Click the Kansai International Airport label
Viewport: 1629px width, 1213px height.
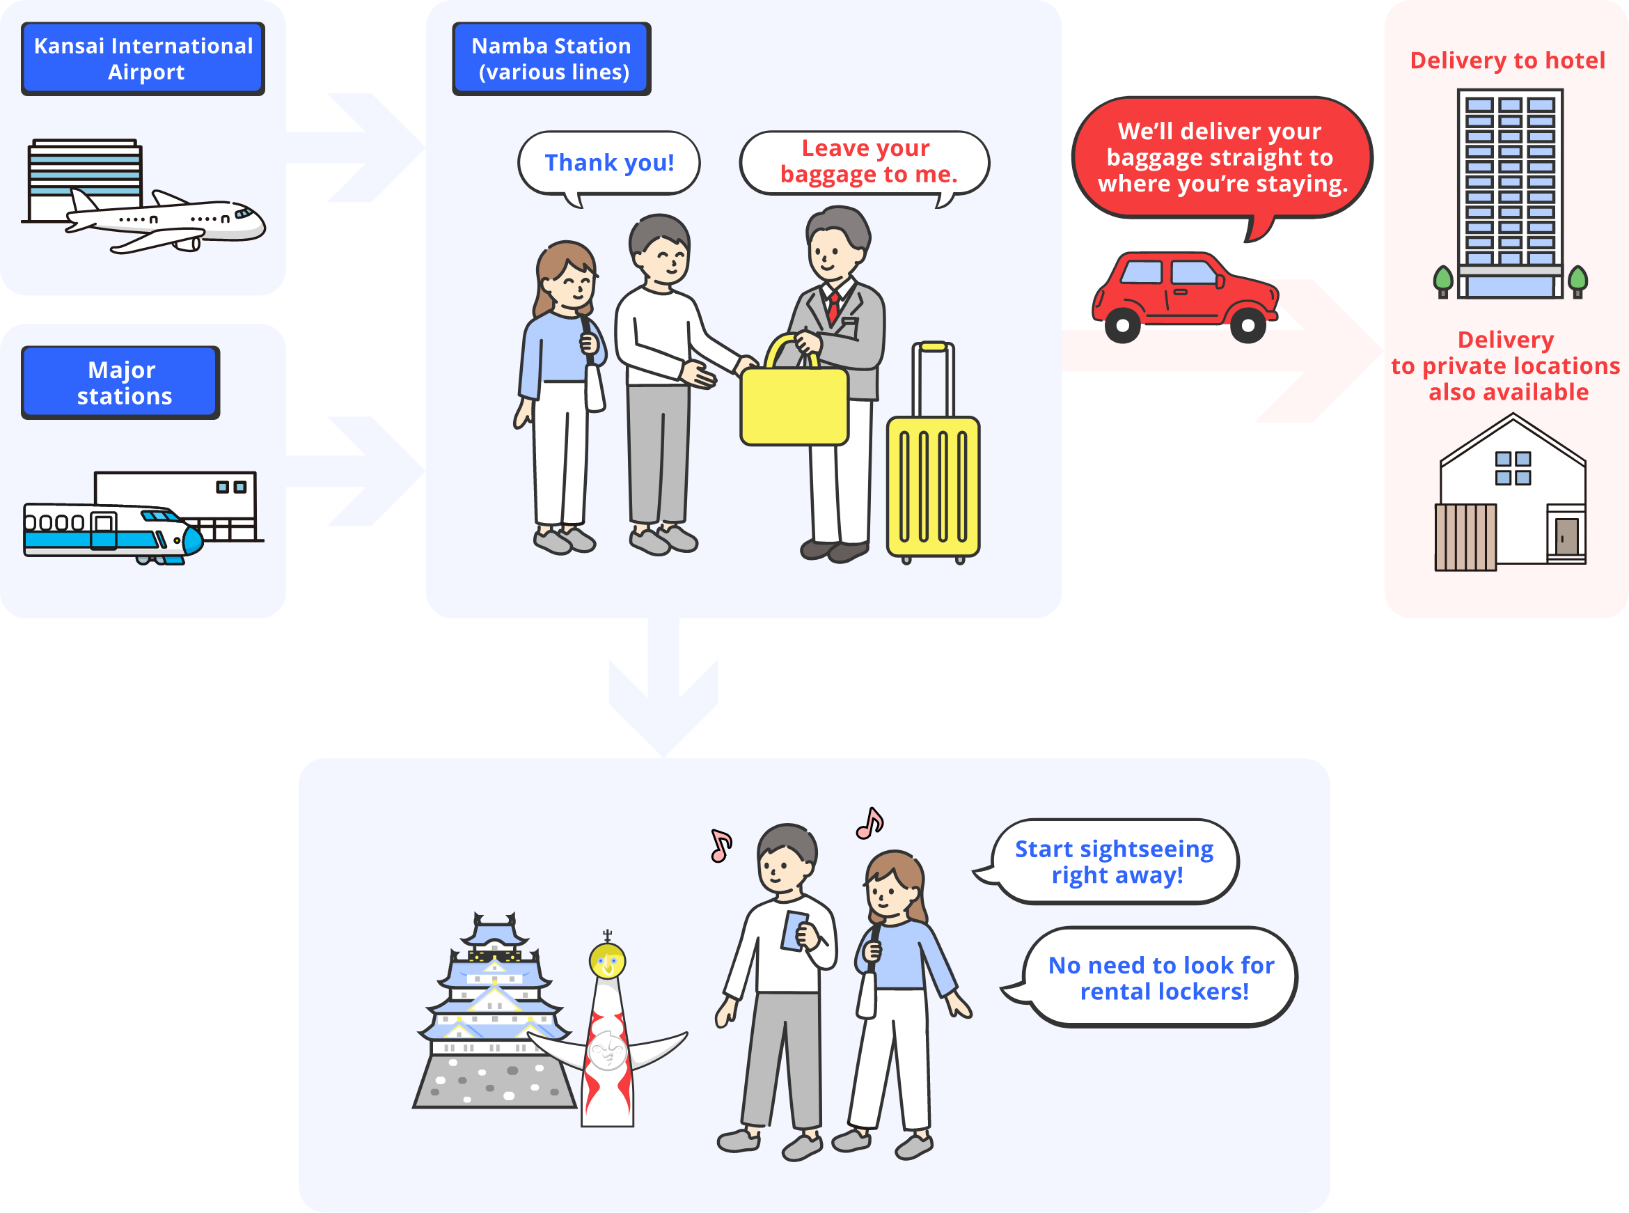coord(143,58)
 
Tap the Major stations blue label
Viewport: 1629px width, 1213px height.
coord(121,382)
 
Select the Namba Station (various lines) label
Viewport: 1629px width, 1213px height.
coord(551,58)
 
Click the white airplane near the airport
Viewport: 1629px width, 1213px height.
coord(165,221)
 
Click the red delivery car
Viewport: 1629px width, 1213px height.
coord(1185,297)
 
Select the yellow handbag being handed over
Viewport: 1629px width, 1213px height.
coord(794,393)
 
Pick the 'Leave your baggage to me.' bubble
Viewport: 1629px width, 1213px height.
coord(865,163)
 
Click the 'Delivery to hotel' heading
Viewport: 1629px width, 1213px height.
coord(1507,60)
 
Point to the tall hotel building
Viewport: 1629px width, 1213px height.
coord(1510,194)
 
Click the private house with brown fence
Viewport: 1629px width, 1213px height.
coord(1511,492)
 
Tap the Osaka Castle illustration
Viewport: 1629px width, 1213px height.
coord(494,1012)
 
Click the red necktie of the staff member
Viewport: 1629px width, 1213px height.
coord(833,307)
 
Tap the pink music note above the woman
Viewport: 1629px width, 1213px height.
coord(870,823)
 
